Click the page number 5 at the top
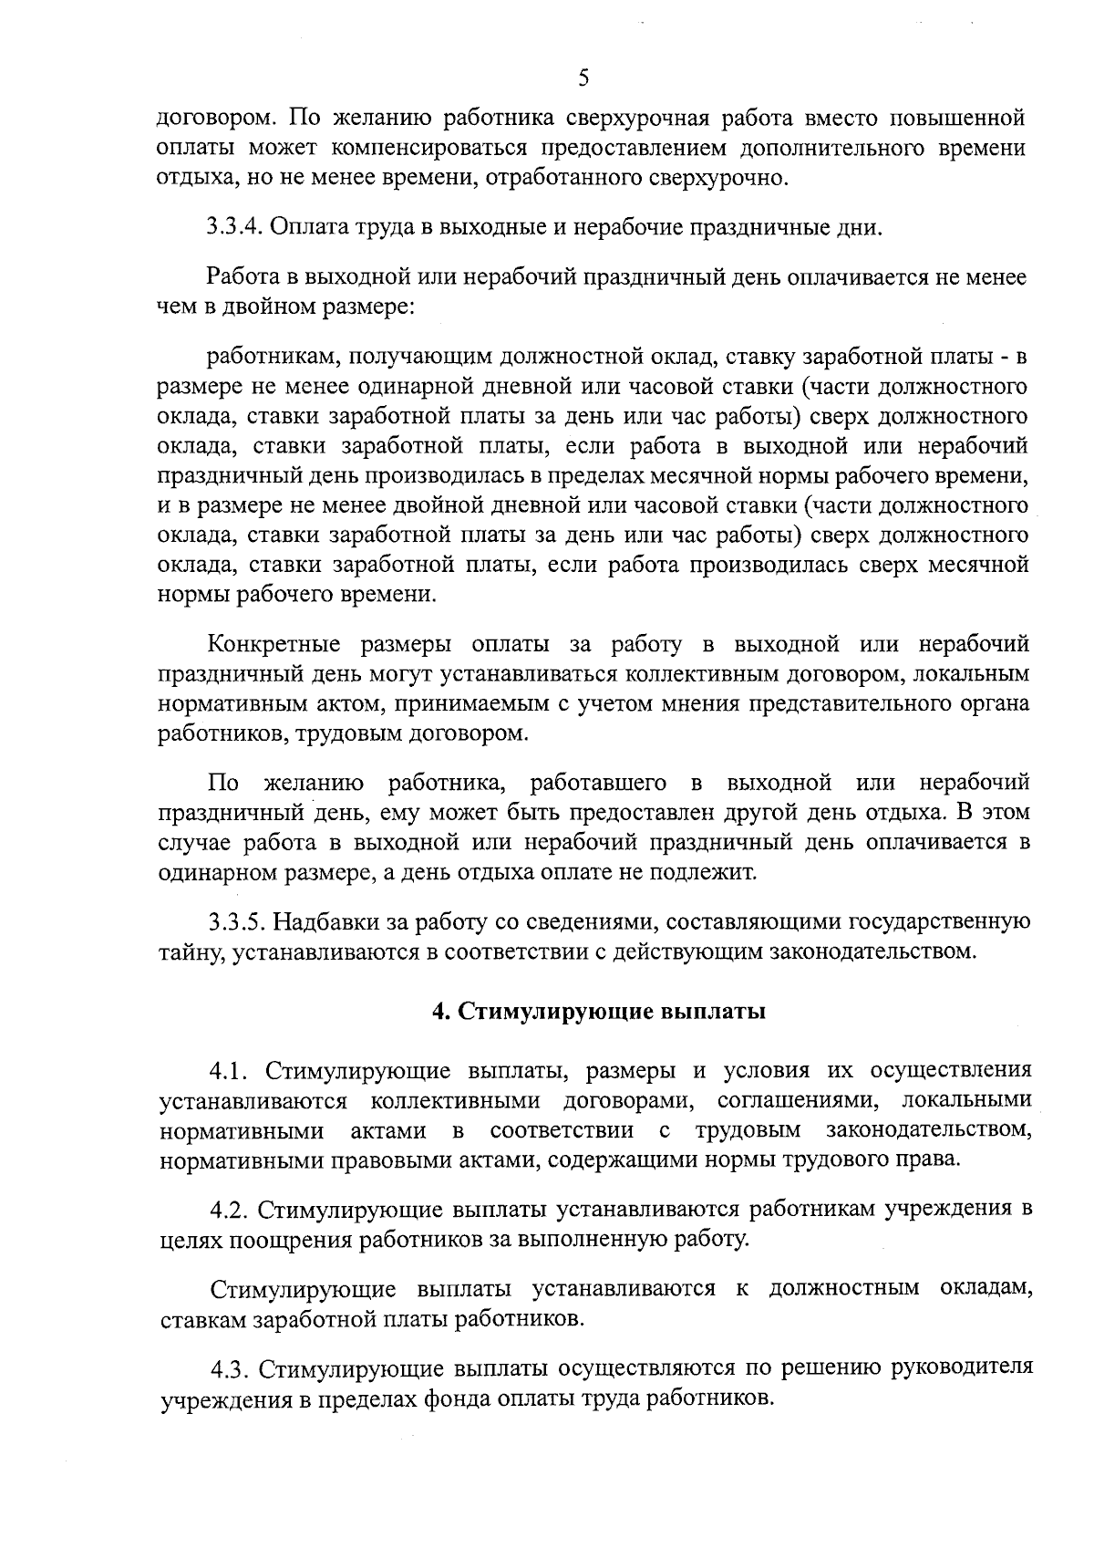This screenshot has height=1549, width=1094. [x=583, y=78]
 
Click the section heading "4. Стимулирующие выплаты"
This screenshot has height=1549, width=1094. [x=598, y=1013]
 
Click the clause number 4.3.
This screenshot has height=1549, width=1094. [x=232, y=1370]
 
